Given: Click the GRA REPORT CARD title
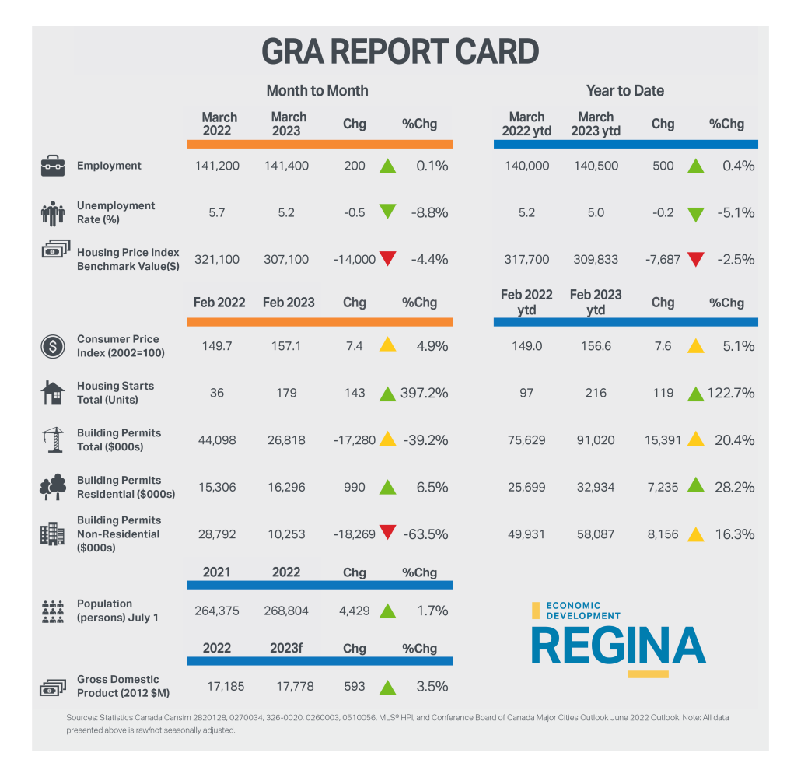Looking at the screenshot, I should (x=400, y=52).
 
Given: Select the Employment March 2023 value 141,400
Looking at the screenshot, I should (x=286, y=166).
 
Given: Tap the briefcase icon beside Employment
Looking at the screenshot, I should (x=53, y=166).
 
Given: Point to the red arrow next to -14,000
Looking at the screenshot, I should (x=387, y=259).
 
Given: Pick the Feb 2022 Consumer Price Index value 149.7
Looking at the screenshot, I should (x=216, y=346).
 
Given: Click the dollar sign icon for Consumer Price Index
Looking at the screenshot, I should (x=53, y=346).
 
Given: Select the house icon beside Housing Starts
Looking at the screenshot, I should (x=53, y=393).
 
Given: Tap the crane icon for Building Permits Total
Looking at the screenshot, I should (x=53, y=440).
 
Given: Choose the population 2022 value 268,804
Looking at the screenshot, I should (x=286, y=611).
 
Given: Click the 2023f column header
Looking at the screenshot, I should (x=286, y=648).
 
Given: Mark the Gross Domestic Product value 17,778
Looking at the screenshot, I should (x=289, y=687).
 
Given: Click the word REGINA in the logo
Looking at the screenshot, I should (x=618, y=645).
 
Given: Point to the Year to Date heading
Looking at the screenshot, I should (x=624, y=91).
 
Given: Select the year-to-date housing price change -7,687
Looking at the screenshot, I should (x=663, y=259).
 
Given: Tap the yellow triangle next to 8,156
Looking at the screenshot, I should (x=696, y=534).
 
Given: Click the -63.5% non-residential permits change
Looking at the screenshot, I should (x=425, y=534).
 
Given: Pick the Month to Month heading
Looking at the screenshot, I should (x=317, y=91).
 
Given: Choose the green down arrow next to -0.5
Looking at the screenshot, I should (x=387, y=212).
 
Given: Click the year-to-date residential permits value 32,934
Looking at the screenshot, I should (x=596, y=487).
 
